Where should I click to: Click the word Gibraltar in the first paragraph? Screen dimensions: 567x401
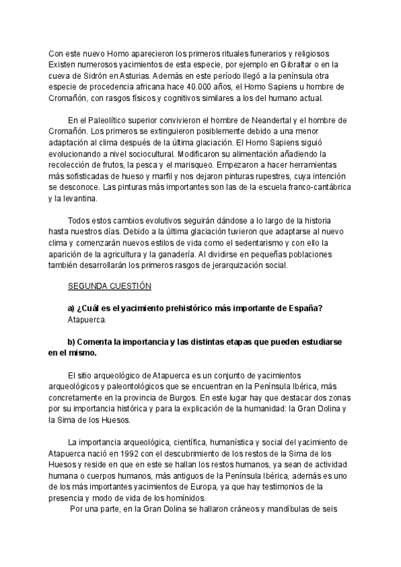(x=281, y=64)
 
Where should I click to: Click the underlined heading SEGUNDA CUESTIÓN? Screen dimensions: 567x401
(x=110, y=288)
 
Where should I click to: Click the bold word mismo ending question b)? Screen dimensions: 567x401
(x=82, y=352)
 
